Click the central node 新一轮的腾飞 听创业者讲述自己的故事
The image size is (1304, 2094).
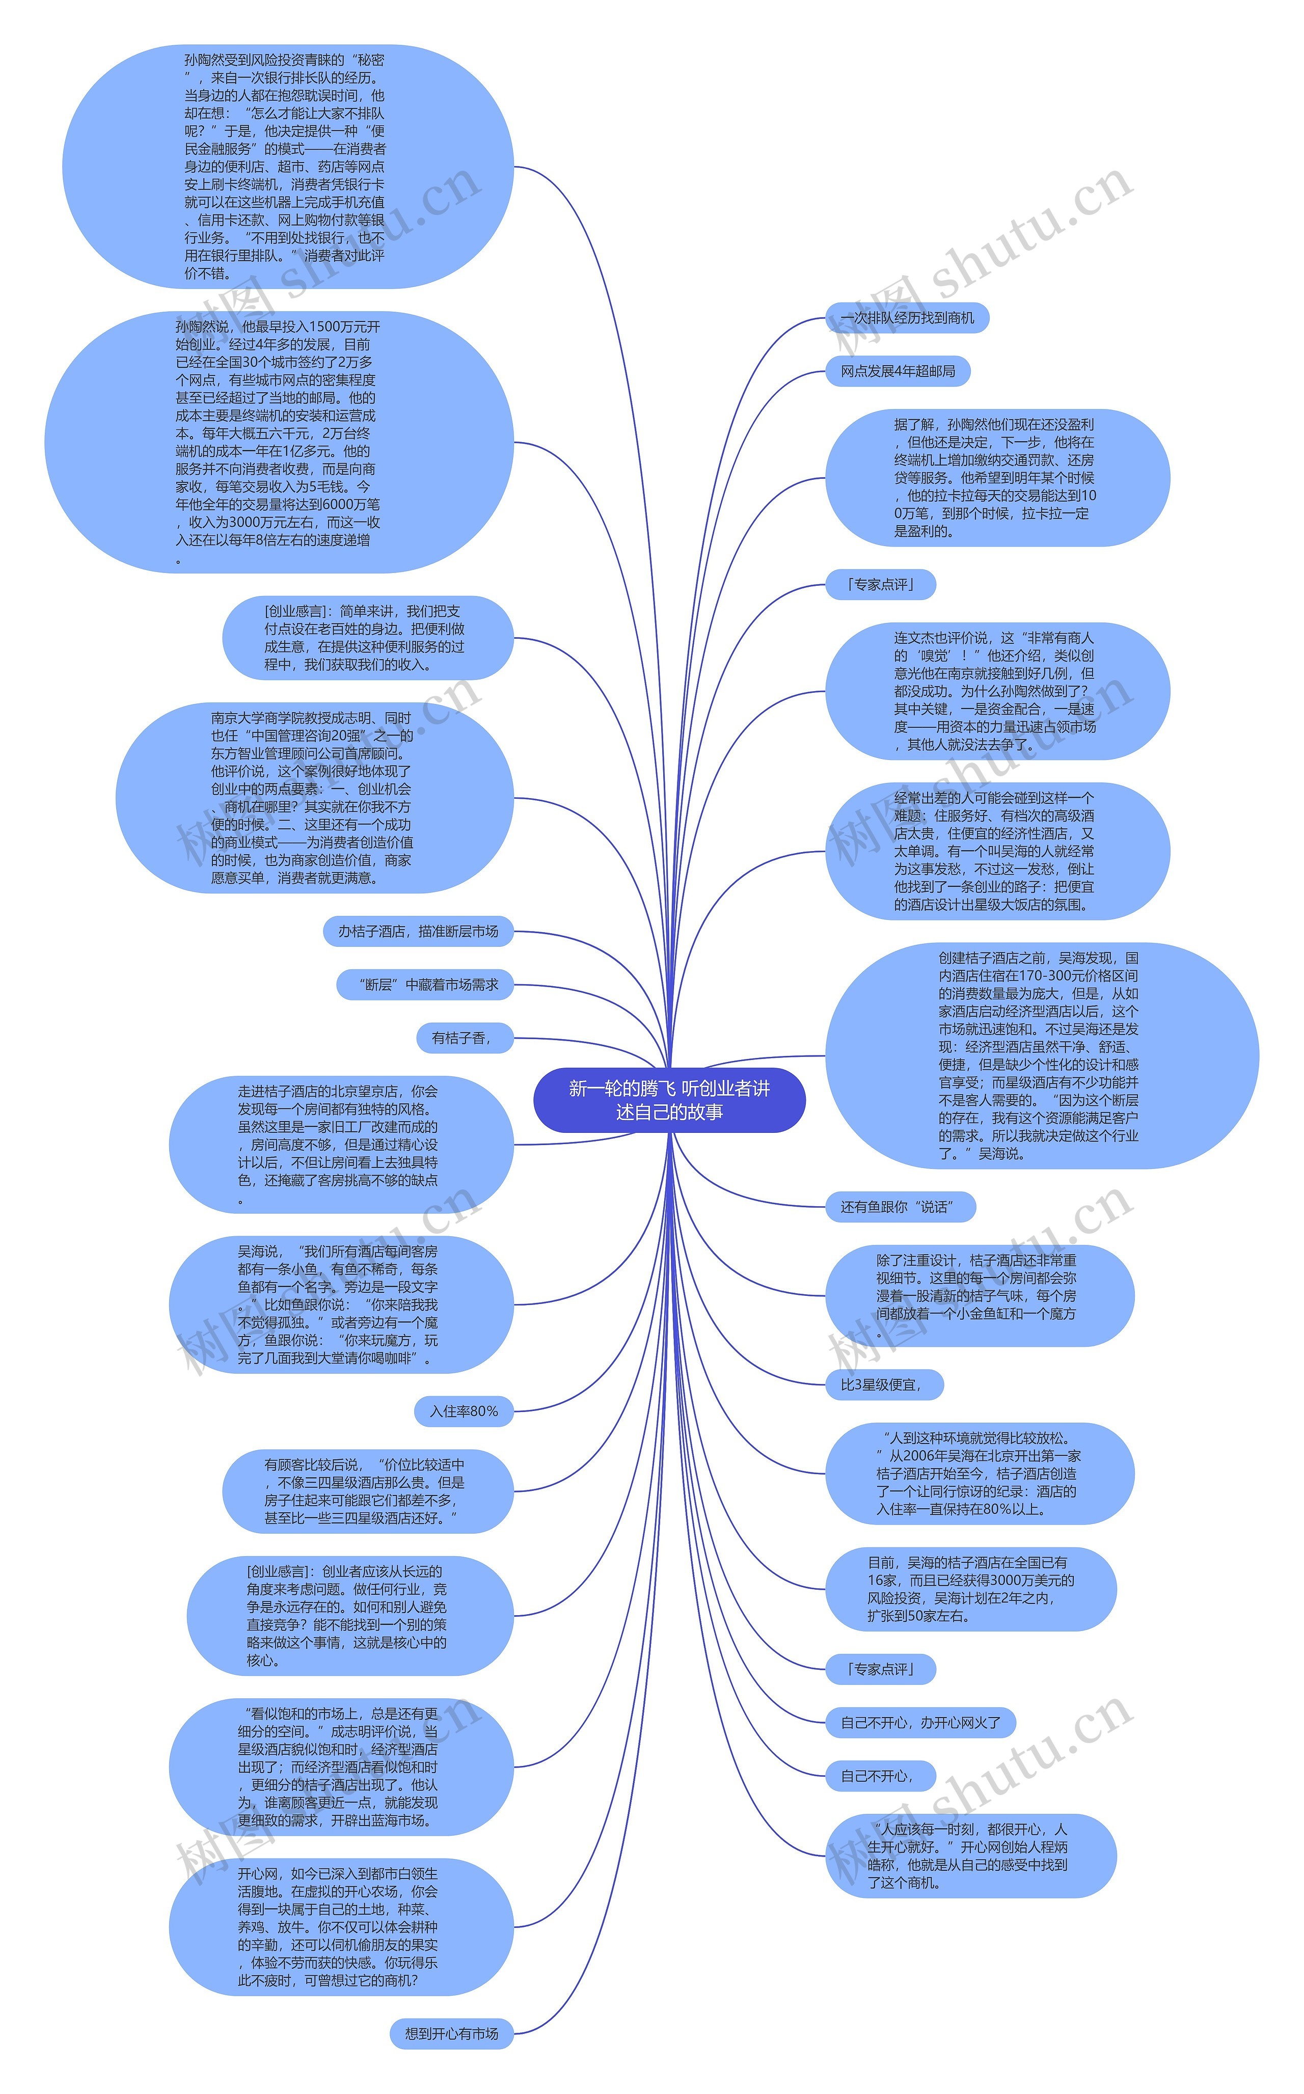pyautogui.click(x=669, y=1100)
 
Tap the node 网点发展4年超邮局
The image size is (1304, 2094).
pyautogui.click(x=897, y=371)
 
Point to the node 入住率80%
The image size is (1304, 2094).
pyautogui.click(x=463, y=1411)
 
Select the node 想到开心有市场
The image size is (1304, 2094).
pyautogui.click(x=451, y=2033)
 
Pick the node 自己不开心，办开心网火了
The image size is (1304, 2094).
pyautogui.click(x=920, y=1722)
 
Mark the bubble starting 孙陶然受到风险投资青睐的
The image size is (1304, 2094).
pyautogui.click(x=287, y=167)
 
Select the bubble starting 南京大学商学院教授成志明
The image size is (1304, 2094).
pyautogui.click(x=314, y=798)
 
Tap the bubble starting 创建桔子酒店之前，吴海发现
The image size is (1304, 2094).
pyautogui.click(x=1041, y=1055)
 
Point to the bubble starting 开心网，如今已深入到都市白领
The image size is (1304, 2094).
pyautogui.click(x=341, y=1927)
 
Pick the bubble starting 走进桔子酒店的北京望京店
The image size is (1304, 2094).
pyautogui.click(x=341, y=1145)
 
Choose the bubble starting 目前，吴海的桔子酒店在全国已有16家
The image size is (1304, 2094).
pyautogui.click(x=970, y=1589)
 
